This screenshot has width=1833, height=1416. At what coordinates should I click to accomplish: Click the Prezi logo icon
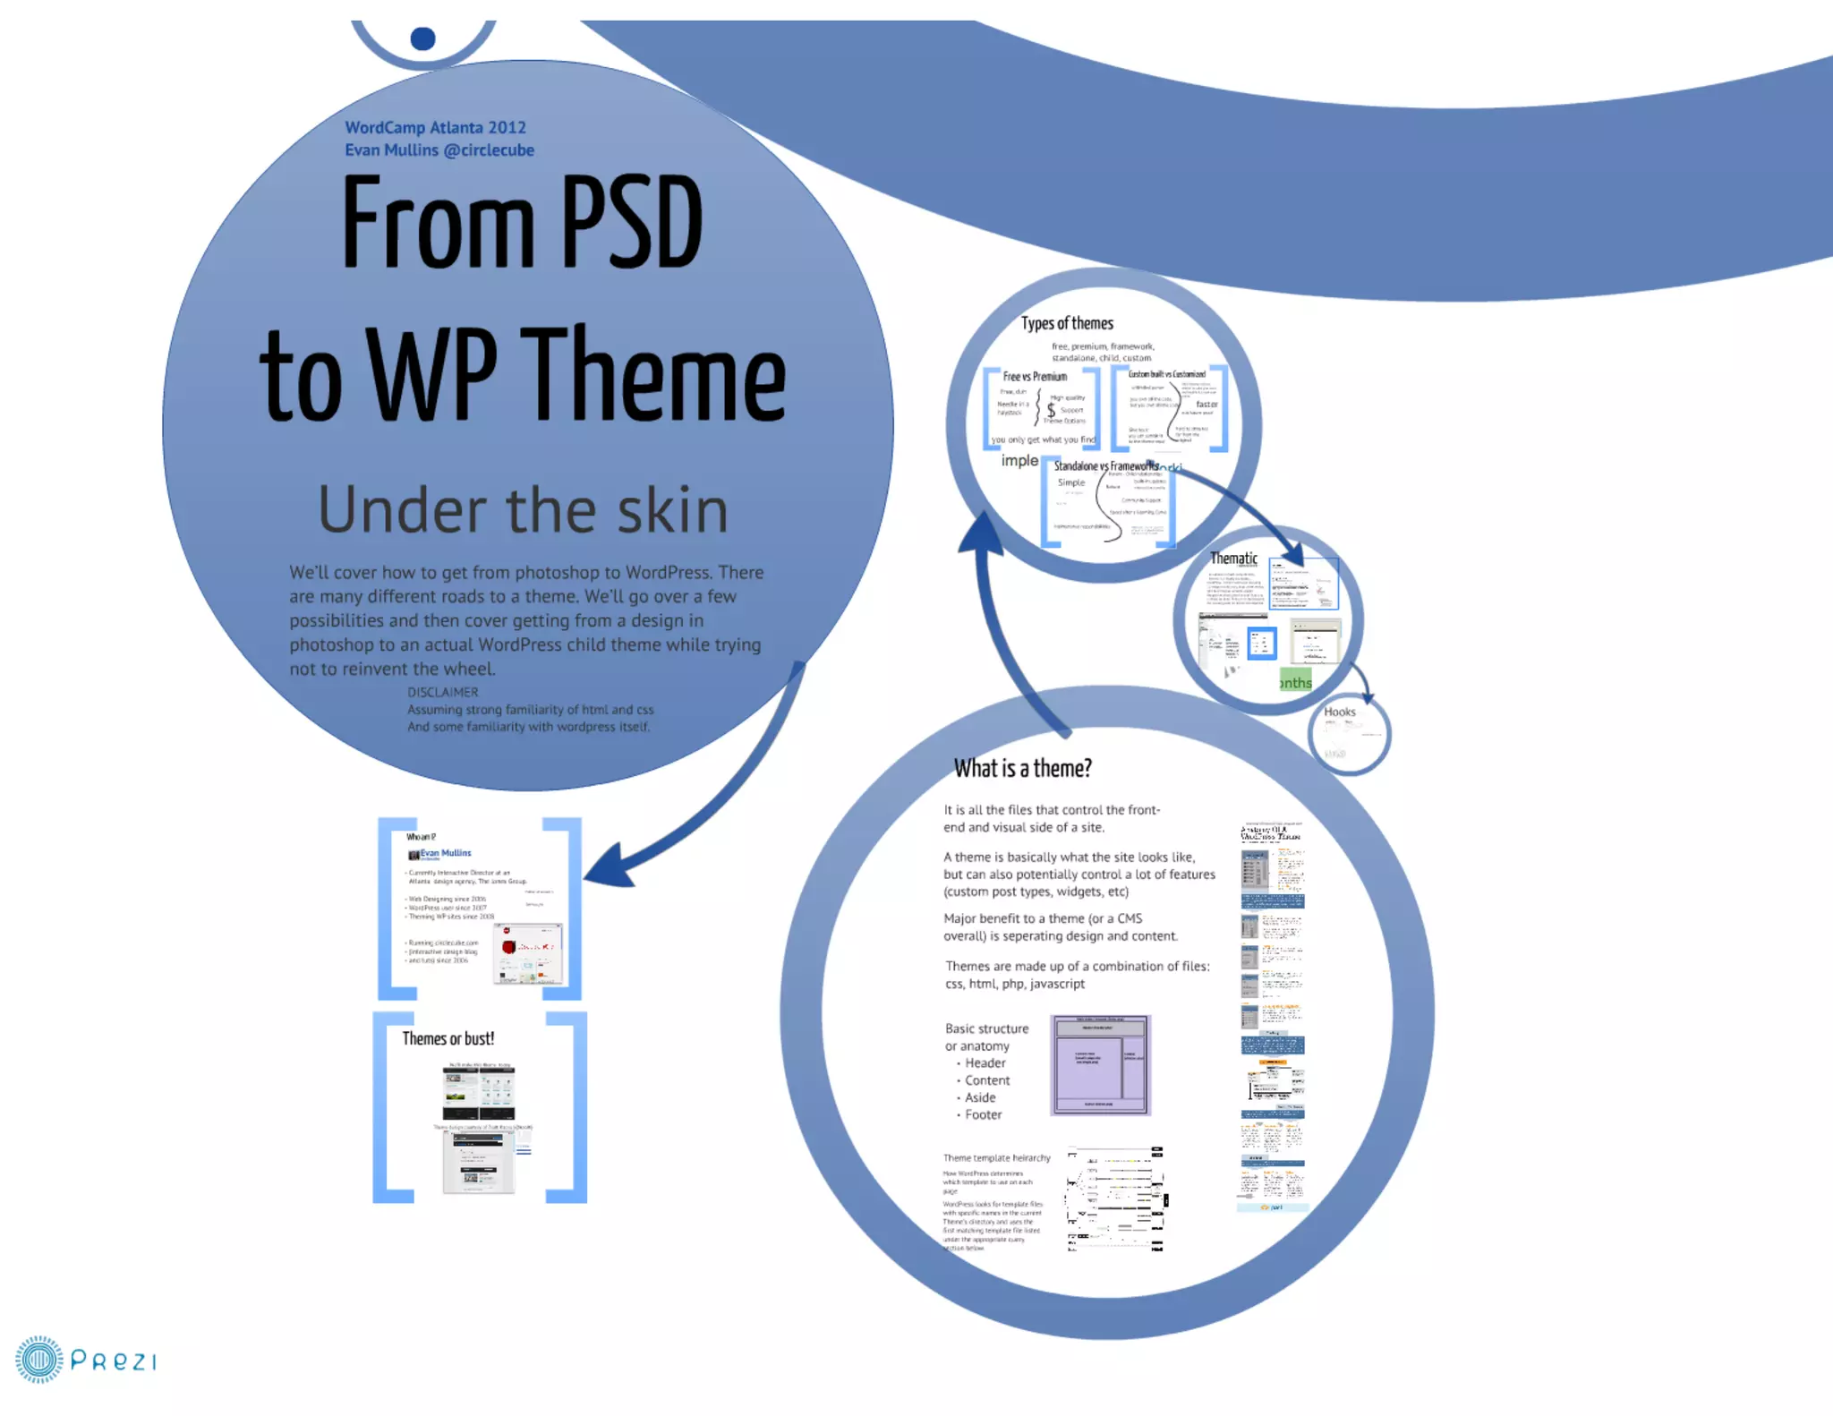point(38,1360)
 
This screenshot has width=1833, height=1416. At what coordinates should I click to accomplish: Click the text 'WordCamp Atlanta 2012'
point(435,127)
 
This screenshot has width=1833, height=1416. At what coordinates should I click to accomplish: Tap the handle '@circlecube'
point(489,149)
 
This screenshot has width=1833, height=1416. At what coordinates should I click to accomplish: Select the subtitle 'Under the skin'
point(523,509)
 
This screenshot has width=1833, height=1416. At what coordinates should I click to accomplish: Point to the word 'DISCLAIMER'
point(442,692)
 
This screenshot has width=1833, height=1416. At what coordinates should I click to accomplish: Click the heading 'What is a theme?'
point(1022,768)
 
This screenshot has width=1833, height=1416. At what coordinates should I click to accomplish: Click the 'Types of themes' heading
point(1067,323)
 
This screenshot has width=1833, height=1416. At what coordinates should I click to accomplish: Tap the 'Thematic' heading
point(1233,558)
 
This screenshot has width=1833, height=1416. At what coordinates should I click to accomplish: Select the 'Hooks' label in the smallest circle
point(1339,712)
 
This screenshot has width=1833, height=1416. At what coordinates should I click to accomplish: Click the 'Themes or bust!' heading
point(448,1038)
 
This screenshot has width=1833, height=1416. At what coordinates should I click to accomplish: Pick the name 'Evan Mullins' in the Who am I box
point(446,853)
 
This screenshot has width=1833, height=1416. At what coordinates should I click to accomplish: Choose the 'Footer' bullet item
point(983,1114)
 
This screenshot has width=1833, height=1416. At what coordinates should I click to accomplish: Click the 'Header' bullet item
point(985,1062)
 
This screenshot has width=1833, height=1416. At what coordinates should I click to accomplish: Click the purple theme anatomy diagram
point(1099,1065)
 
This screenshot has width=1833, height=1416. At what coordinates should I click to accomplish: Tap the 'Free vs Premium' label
point(1035,377)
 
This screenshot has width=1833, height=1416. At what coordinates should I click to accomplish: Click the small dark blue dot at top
point(422,38)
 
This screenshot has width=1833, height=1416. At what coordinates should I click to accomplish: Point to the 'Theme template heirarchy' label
point(996,1157)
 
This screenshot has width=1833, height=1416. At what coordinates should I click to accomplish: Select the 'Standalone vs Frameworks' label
point(1105,465)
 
